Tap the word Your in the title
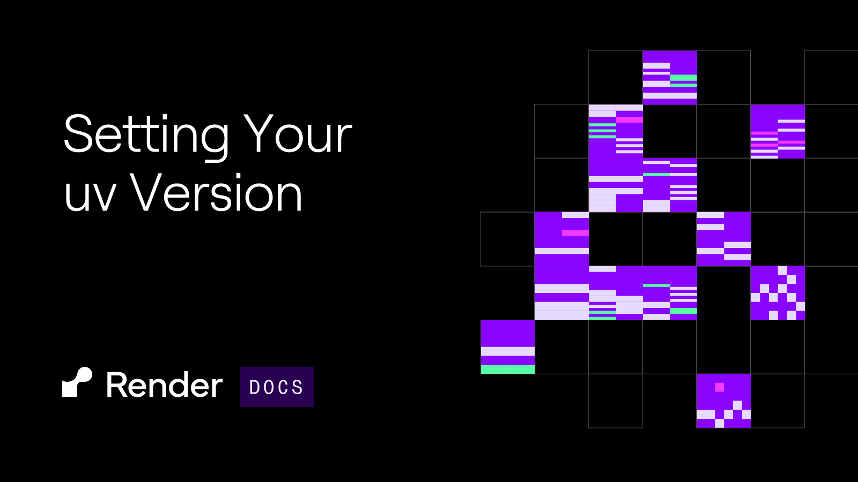[x=298, y=133]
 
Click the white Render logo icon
[x=77, y=382]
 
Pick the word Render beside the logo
[x=164, y=385]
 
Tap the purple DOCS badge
[x=277, y=387]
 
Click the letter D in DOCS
[x=254, y=387]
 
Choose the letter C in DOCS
[x=284, y=387]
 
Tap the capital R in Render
[x=117, y=385]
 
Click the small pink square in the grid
[x=719, y=387]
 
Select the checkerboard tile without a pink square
[x=778, y=293]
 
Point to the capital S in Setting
[x=79, y=133]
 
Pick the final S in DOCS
[x=298, y=387]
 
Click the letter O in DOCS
[x=269, y=387]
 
